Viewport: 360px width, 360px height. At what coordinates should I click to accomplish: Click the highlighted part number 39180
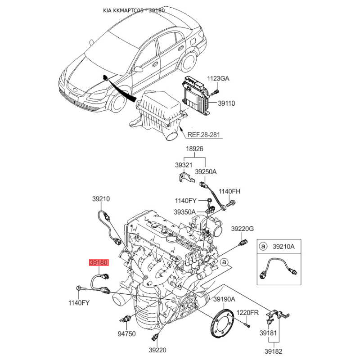tap(99, 262)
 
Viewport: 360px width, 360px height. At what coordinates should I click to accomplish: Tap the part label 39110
tap(226, 103)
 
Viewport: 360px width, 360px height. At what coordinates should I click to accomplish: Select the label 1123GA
tap(218, 78)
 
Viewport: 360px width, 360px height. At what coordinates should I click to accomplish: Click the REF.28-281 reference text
tap(204, 135)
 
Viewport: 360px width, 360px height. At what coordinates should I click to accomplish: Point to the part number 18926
tap(194, 149)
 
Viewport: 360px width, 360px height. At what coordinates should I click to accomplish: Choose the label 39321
tap(184, 165)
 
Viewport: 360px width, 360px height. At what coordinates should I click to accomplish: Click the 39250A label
tap(206, 172)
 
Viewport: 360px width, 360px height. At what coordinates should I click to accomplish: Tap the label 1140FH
tap(229, 191)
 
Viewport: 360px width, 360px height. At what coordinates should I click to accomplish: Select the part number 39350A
tap(184, 212)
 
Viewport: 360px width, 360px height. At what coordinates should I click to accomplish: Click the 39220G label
tap(243, 229)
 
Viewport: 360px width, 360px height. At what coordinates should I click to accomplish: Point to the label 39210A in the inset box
tap(283, 247)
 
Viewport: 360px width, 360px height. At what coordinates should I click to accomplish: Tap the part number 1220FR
tap(247, 312)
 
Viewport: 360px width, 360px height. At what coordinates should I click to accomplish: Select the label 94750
tap(126, 333)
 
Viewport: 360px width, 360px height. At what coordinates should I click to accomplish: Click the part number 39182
tap(273, 351)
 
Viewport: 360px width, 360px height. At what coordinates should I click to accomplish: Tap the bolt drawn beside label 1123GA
tap(215, 92)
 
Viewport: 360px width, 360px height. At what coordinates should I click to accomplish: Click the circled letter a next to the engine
tap(224, 262)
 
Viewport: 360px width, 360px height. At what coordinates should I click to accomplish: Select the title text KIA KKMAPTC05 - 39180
tap(134, 10)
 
